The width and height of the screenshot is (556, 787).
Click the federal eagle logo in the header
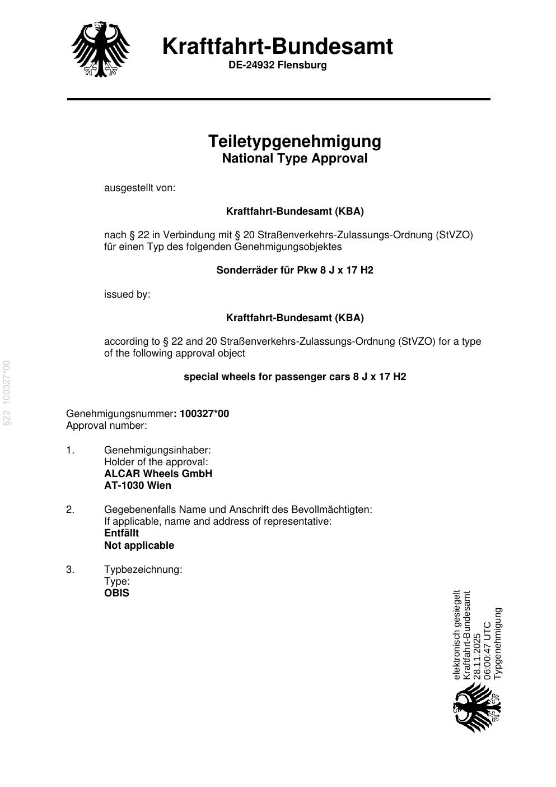[101, 49]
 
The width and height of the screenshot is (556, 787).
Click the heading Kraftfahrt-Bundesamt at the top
[278, 46]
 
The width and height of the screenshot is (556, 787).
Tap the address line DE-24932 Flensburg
[277, 65]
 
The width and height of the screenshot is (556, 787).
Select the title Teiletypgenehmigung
[295, 141]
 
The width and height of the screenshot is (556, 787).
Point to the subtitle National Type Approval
[295, 159]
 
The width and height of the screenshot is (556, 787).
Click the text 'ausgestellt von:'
[139, 188]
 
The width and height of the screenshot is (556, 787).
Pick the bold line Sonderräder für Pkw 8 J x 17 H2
[295, 270]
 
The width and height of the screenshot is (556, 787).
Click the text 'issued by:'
[127, 294]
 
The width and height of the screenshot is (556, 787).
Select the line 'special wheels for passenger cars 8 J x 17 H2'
[295, 377]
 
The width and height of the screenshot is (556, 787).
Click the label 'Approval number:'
[106, 425]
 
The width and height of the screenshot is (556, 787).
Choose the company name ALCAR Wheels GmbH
[158, 474]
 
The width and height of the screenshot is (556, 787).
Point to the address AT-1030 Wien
[138, 485]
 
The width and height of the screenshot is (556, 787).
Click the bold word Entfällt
[122, 533]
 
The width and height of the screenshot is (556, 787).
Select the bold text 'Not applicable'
[139, 545]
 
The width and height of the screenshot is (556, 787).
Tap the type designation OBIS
[116, 593]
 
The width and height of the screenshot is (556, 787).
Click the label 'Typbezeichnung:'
[143, 570]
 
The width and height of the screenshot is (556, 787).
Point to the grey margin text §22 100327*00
[7, 393]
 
